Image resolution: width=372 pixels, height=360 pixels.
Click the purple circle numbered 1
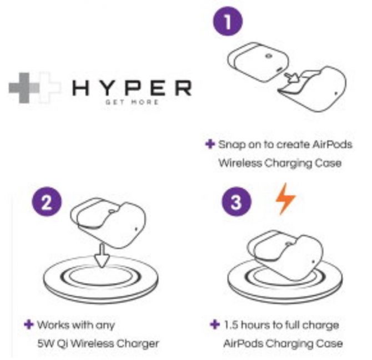[228, 21]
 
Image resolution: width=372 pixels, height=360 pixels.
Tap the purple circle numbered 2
[47, 202]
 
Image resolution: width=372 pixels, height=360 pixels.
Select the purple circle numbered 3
[237, 202]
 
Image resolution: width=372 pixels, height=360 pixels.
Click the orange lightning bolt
[285, 199]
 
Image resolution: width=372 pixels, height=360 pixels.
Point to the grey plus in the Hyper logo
[24, 88]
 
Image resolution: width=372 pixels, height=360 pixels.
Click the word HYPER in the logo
[132, 88]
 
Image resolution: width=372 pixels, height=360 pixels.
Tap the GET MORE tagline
[132, 102]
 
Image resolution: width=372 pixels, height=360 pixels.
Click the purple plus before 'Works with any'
[29, 324]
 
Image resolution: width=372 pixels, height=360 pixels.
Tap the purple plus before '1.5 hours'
[215, 324]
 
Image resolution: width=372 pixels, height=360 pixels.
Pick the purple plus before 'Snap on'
[210, 144]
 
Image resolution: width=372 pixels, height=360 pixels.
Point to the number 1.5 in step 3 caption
[231, 325]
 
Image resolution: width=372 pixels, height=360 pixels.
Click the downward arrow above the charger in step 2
[102, 256]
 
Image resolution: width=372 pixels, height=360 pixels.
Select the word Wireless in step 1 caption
[240, 163]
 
